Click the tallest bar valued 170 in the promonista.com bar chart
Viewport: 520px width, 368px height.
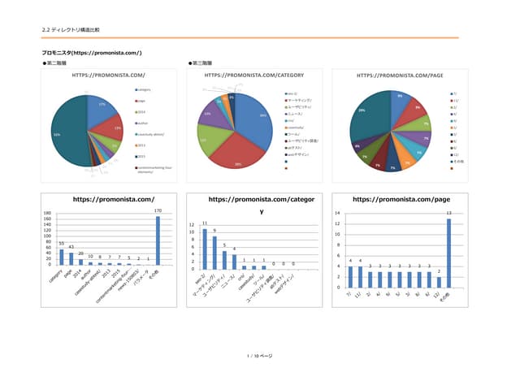click(158, 240)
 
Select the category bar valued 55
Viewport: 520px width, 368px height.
click(61, 257)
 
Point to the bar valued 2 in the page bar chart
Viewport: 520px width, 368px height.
click(438, 281)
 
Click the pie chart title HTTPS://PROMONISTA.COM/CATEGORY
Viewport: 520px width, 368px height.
click(245, 75)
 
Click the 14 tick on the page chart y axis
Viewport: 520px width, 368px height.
click(339, 214)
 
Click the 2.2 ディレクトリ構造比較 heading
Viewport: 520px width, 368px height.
click(71, 30)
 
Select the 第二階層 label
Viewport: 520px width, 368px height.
click(57, 63)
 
